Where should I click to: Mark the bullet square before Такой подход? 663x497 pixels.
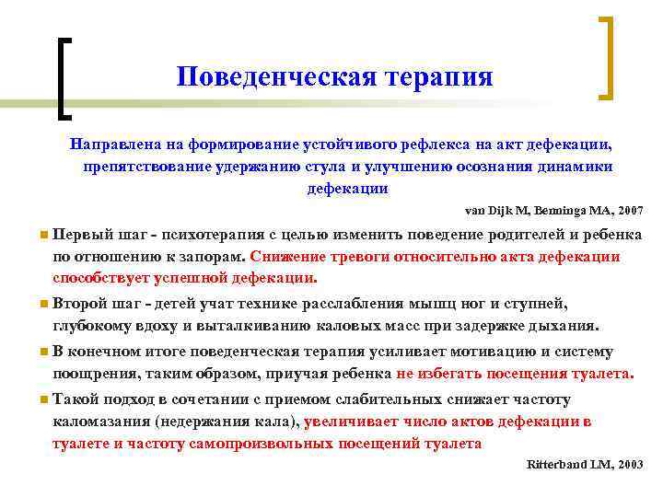44,400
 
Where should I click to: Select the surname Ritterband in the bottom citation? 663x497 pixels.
558,465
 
